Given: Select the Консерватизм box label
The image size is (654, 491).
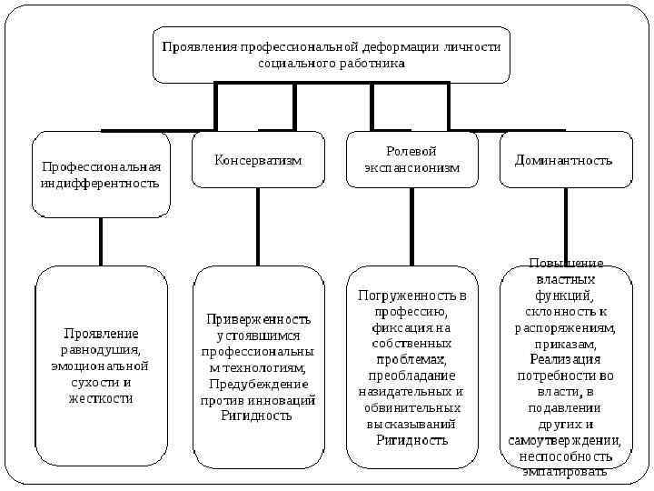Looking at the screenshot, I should point(258,160).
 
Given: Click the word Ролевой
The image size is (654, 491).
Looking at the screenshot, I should point(411,151).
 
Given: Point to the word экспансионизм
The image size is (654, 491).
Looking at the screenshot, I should point(411,167).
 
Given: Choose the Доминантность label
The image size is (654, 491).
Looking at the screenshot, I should point(563,160).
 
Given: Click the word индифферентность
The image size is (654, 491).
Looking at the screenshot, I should point(100,183).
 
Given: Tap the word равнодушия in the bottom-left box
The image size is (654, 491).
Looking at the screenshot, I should point(100,350).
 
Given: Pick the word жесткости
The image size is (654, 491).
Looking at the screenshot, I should point(100,398).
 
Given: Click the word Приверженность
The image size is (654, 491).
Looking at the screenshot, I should point(258,319).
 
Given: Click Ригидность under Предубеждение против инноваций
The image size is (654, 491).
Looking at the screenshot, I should point(257,416).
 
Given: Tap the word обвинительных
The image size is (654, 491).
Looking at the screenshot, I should point(411,407).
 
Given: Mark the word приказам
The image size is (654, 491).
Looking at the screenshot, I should point(565,344).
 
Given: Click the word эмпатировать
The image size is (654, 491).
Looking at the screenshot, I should point(565,472).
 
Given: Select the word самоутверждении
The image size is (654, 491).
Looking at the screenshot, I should point(565,440).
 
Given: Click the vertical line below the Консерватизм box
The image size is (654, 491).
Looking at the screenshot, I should point(258,227).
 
